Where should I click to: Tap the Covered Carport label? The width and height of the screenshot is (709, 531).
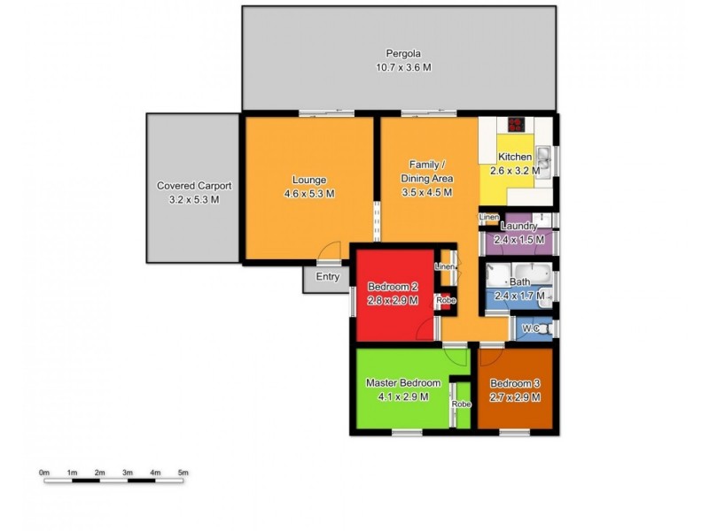coord(194,186)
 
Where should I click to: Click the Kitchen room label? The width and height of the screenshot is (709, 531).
coord(514,158)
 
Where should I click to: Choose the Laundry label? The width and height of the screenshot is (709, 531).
coord(518,227)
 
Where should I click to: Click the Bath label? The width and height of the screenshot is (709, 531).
coord(519,282)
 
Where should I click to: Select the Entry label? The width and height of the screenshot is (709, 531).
coord(328,277)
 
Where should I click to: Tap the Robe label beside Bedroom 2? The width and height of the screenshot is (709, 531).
coord(446,301)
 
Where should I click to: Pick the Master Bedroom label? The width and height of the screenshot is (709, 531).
coord(403,382)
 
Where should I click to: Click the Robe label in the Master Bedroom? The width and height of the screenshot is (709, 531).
coord(462,404)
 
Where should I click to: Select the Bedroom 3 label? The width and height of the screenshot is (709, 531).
coord(515,382)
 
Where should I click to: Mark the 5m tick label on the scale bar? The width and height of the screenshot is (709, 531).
coord(183,473)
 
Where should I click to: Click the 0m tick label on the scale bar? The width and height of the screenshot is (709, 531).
coord(44,473)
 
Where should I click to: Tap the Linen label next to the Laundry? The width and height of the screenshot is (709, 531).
coord(489,218)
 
